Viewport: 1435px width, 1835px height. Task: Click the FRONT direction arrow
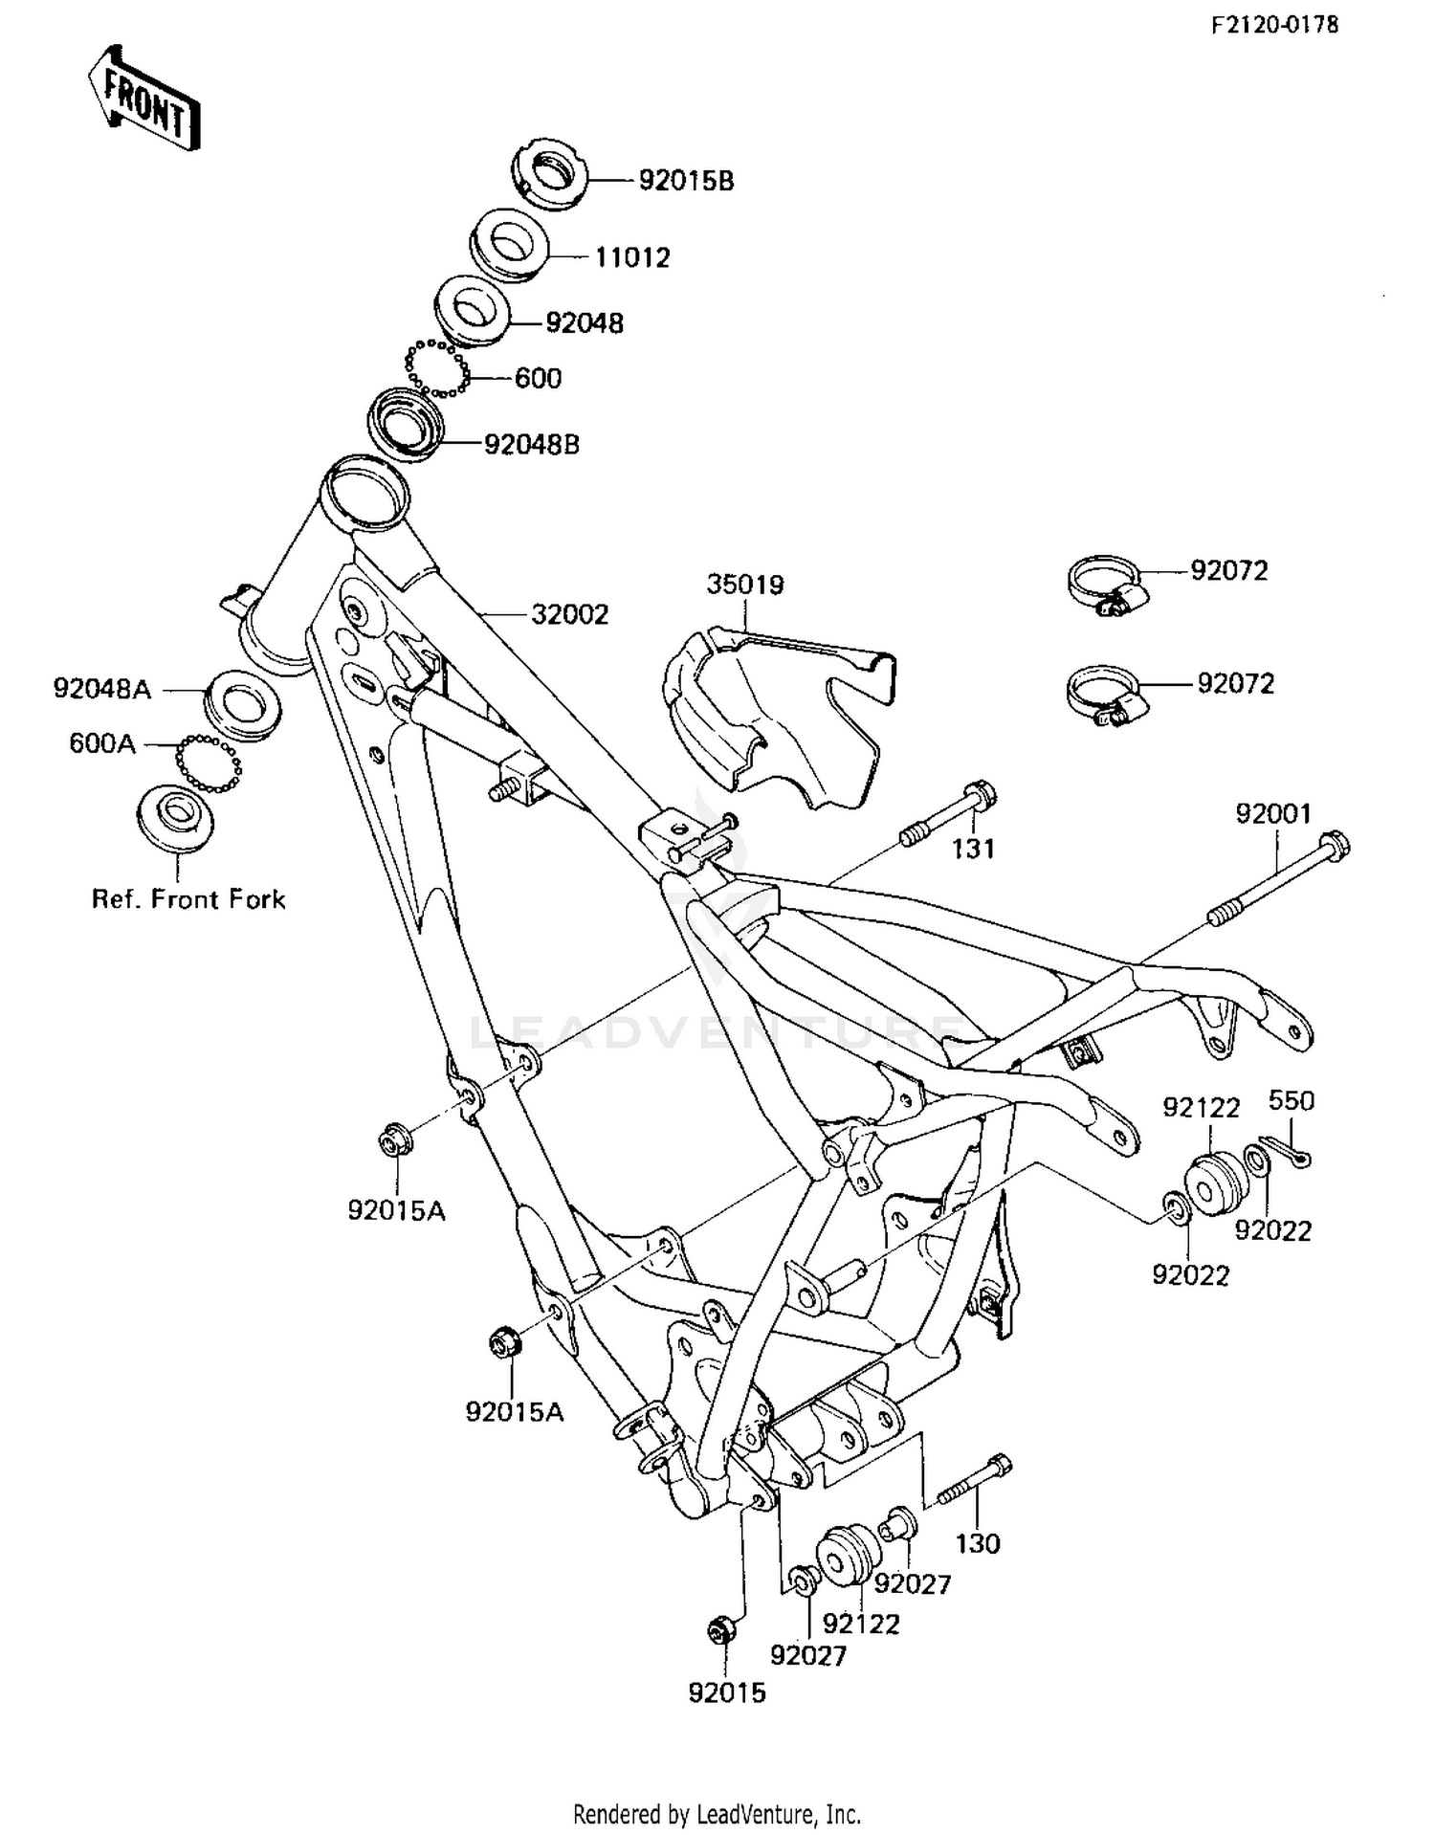point(144,99)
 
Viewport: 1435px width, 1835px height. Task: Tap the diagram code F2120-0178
point(1274,26)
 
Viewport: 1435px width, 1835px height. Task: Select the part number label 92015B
point(686,181)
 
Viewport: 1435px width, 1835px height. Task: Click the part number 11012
point(632,257)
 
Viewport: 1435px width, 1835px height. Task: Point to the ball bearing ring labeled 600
point(436,368)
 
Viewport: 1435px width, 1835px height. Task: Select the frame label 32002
point(569,614)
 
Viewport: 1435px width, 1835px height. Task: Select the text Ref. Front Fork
point(188,899)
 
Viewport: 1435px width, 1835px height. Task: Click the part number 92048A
point(101,689)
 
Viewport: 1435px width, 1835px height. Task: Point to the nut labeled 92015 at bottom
point(721,1628)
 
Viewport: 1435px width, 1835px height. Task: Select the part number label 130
point(977,1543)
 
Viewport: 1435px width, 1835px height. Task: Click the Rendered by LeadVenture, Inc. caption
point(717,1813)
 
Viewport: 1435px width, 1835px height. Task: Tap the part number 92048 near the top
point(584,323)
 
